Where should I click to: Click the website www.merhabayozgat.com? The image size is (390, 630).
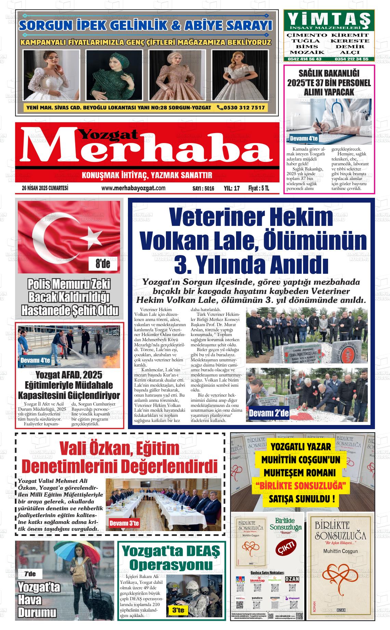tap(133, 188)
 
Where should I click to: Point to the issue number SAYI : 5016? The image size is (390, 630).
tap(203, 188)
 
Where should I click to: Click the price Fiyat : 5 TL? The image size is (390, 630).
tap(259, 188)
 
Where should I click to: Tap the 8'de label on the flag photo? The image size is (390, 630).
tap(103, 264)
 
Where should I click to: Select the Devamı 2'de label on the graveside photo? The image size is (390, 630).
tap(269, 413)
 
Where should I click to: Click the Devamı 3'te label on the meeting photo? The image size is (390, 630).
tap(124, 523)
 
